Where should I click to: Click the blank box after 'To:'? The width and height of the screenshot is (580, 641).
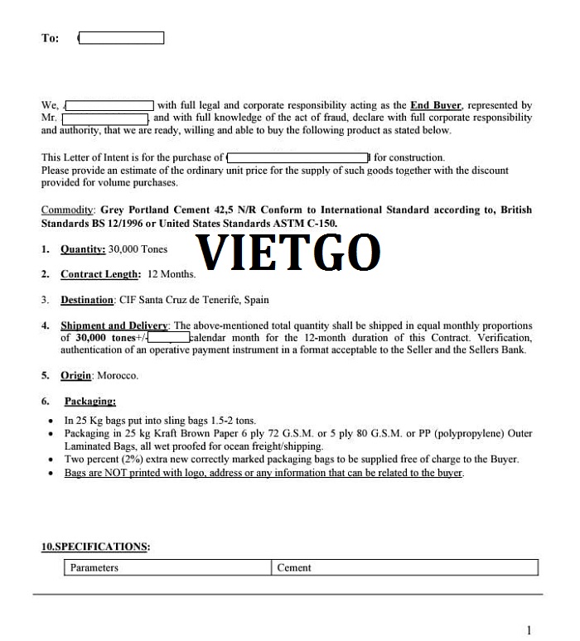tap(121, 38)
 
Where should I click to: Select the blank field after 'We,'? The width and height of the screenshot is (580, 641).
tap(109, 105)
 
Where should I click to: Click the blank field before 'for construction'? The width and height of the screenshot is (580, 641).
tap(298, 157)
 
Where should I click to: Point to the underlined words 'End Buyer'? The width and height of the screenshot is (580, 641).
tap(436, 105)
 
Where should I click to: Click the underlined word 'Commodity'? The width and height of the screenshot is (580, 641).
tap(67, 210)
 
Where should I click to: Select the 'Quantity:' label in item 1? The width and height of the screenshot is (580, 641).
tap(83, 249)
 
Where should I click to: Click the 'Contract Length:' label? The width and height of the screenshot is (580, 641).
tap(100, 274)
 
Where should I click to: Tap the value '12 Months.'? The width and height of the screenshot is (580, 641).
tap(172, 274)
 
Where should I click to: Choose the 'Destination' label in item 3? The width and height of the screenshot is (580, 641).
tap(87, 300)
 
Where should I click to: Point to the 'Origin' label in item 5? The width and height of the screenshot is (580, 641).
tap(75, 375)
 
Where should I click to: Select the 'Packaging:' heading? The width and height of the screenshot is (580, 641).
tap(89, 401)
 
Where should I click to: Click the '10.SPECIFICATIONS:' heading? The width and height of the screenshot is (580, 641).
tap(95, 547)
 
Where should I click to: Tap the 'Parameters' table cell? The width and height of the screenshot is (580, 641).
tap(94, 568)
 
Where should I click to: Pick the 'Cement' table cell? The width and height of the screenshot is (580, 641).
tap(294, 568)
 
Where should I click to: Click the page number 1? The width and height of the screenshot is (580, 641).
tap(529, 629)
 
